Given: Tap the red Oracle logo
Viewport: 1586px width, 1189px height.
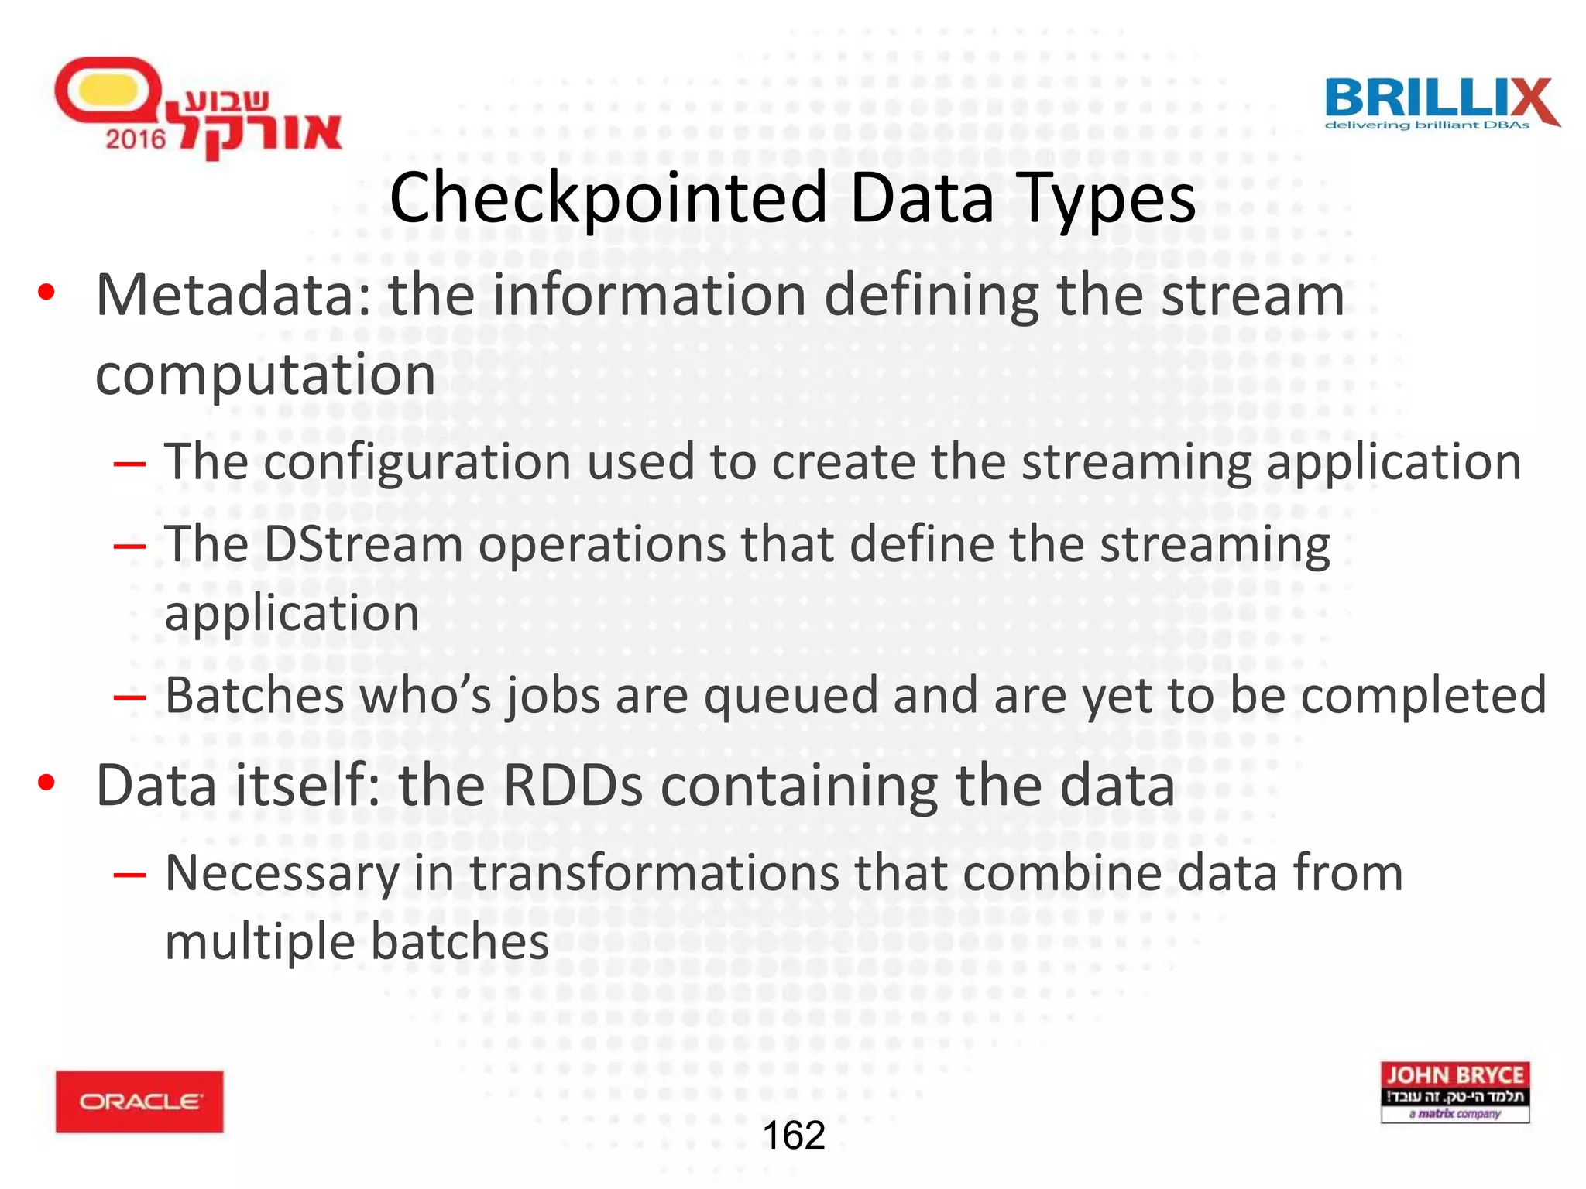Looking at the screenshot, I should coord(139,1102).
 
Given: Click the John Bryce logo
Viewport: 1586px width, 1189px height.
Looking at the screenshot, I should coord(1454,1091).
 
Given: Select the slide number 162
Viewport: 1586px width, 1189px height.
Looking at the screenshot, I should coord(794,1136).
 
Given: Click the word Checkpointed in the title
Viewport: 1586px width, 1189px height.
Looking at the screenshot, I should coord(609,199).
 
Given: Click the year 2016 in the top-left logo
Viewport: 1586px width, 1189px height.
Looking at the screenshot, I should coord(136,139).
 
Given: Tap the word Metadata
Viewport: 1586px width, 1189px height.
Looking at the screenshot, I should coord(233,295).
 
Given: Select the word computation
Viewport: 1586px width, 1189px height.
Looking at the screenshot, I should coord(266,375).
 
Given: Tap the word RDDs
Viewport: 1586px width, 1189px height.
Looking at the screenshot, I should coord(572,786).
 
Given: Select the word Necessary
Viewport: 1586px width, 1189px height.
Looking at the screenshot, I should coord(283,874).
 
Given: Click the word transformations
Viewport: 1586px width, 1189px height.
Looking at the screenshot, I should coord(654,872).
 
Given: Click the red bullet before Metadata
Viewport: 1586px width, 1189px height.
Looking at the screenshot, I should coord(46,293).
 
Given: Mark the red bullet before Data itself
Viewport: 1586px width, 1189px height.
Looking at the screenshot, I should coord(46,783).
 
